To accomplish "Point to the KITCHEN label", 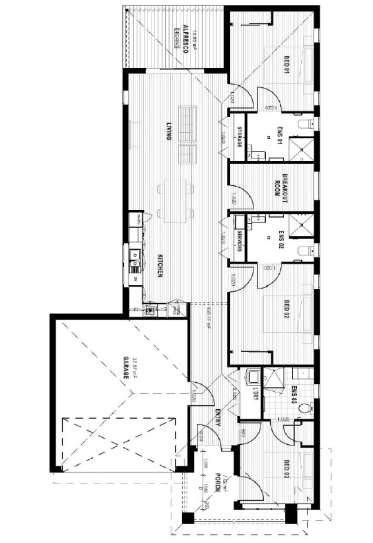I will [160, 266].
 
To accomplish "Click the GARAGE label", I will [126, 367].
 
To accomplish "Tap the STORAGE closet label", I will [239, 137].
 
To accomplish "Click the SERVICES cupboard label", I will [239, 241].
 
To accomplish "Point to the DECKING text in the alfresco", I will [177, 38].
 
